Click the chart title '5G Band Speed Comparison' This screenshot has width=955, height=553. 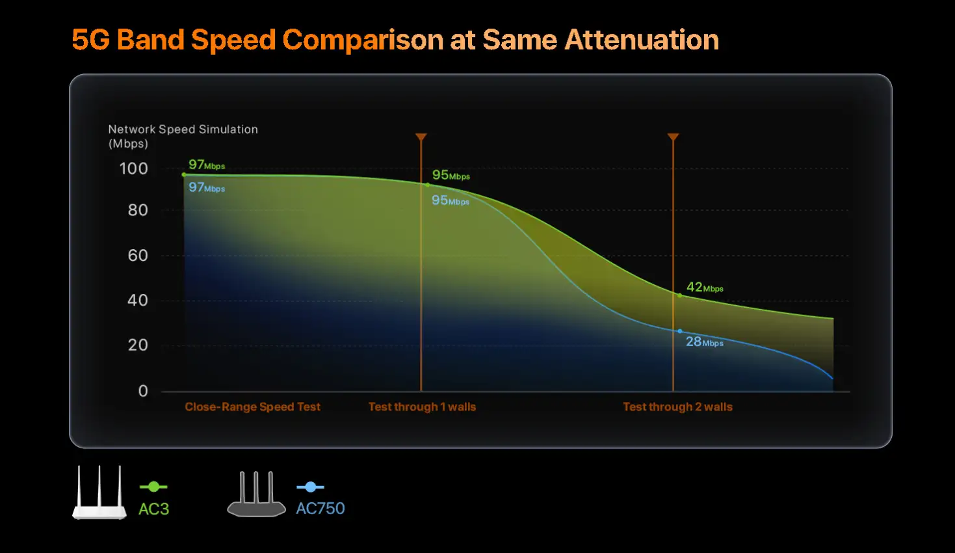(x=395, y=40)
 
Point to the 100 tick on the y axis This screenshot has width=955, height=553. (x=134, y=169)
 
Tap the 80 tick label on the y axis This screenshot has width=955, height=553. (x=138, y=210)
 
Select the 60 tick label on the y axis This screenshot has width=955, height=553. (x=138, y=256)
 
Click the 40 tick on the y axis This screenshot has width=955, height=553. (x=138, y=301)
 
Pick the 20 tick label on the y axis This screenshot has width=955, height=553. (x=138, y=345)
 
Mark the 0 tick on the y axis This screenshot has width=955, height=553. (x=143, y=391)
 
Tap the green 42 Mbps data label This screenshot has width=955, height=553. (x=705, y=288)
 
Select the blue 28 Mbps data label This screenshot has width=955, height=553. (x=704, y=342)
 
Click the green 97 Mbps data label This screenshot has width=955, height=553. (x=207, y=165)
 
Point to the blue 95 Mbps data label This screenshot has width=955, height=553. (x=450, y=200)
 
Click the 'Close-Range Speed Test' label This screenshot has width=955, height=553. (x=252, y=407)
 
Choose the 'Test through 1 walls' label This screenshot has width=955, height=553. (x=422, y=407)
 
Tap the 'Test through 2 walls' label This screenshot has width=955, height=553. (x=677, y=407)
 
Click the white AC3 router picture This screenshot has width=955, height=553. (x=99, y=494)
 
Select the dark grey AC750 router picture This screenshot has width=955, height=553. (x=256, y=495)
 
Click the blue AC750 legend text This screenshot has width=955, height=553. (x=321, y=508)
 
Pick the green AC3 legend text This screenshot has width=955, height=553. (x=154, y=509)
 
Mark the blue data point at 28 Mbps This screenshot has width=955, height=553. (x=680, y=331)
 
